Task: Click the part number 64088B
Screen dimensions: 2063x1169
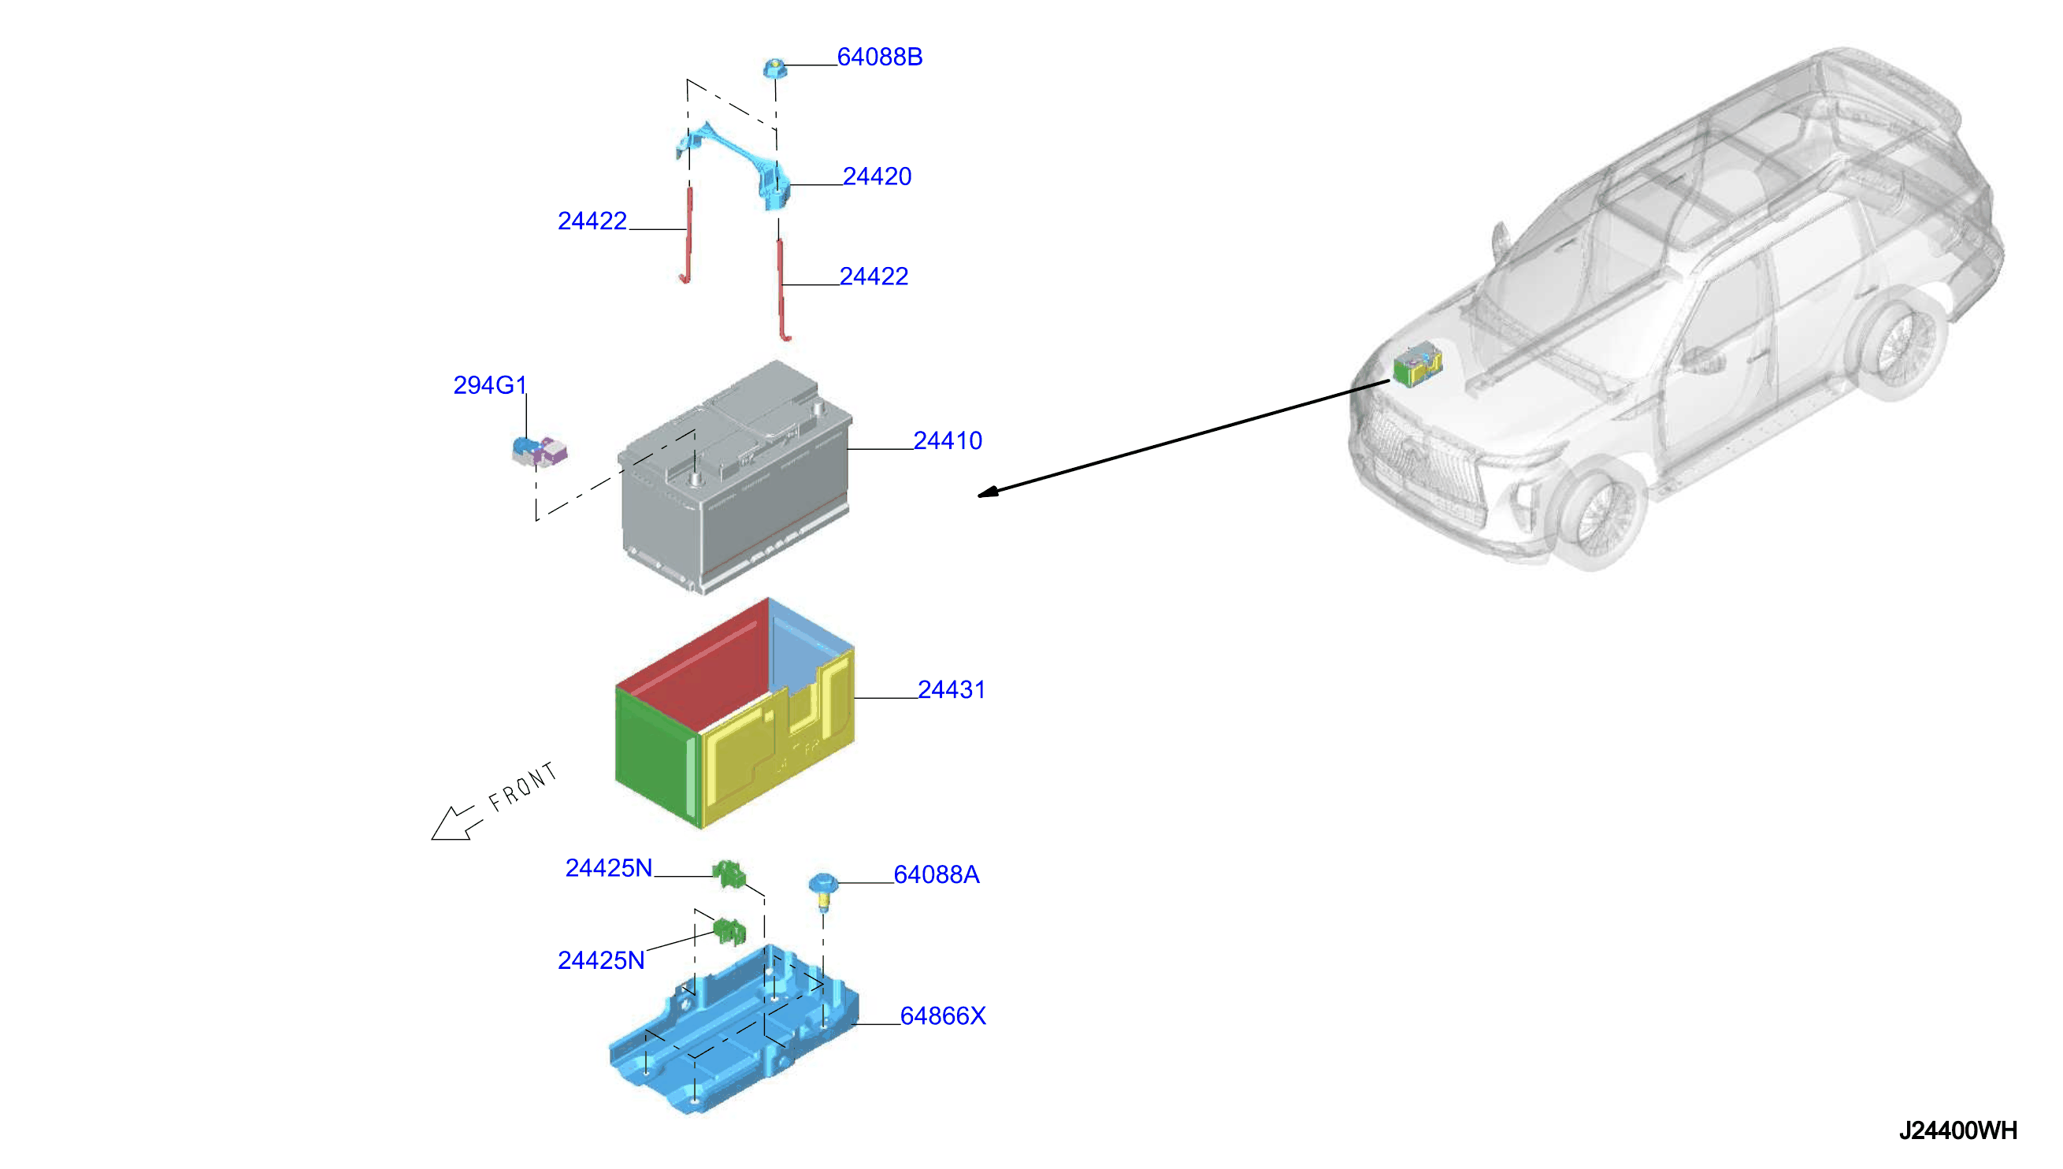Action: coord(879,57)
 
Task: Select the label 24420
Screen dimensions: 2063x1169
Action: coord(877,176)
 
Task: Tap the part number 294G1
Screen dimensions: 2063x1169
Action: coord(490,385)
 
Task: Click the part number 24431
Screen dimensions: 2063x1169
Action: coord(952,690)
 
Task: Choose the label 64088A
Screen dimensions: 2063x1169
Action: coord(936,874)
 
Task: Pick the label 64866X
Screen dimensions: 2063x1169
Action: coord(942,1015)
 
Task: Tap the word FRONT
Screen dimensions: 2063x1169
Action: coord(522,787)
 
